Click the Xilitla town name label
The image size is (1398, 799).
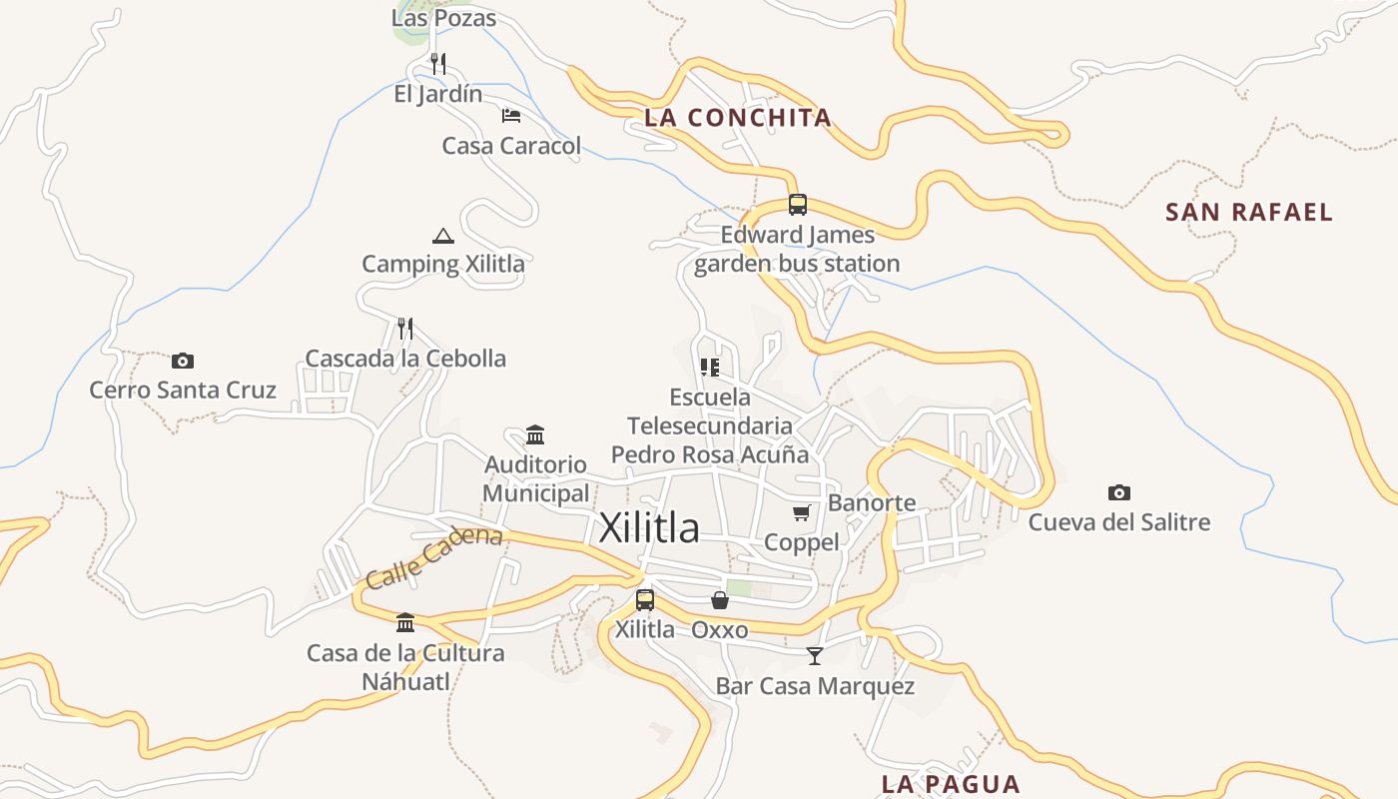tap(649, 528)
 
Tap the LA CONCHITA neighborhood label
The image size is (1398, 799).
tap(738, 118)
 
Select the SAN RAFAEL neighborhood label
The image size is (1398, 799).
tap(1249, 212)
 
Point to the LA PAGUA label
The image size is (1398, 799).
tap(951, 784)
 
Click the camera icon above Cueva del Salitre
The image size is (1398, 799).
tap(1119, 492)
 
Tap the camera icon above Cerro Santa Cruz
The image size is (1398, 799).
tap(183, 361)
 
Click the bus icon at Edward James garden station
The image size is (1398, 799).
tap(797, 205)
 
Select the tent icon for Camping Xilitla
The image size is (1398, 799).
tap(443, 236)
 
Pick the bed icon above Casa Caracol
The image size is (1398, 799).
tap(511, 116)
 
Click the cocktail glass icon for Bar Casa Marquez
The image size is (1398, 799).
tap(815, 656)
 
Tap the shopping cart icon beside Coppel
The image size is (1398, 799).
tap(801, 512)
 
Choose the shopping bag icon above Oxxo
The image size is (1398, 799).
tap(720, 600)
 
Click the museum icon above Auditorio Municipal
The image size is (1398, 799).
tap(535, 434)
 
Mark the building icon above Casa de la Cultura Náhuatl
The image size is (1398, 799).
tap(405, 623)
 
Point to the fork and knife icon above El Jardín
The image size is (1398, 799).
tap(438, 64)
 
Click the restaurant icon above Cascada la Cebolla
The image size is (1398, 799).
tap(405, 328)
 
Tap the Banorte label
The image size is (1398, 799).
tap(872, 502)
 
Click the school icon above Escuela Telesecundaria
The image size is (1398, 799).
tap(710, 368)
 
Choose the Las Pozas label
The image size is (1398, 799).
tap(443, 18)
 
